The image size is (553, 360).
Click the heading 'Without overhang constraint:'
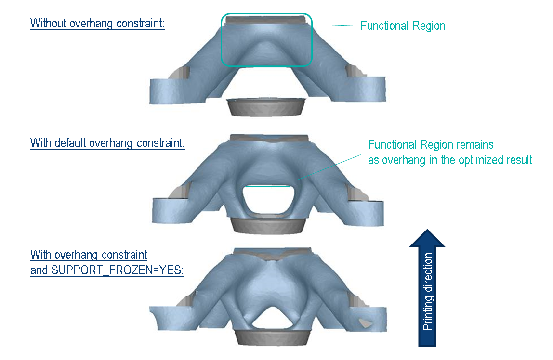tap(97, 23)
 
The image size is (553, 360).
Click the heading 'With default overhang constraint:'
tap(107, 143)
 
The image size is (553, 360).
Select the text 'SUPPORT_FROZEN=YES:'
tap(107, 270)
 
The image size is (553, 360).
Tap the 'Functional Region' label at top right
tap(403, 26)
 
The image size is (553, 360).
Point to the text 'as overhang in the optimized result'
tap(450, 160)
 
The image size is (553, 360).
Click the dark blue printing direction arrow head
tap(427, 238)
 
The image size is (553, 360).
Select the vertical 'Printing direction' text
tap(427, 292)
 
